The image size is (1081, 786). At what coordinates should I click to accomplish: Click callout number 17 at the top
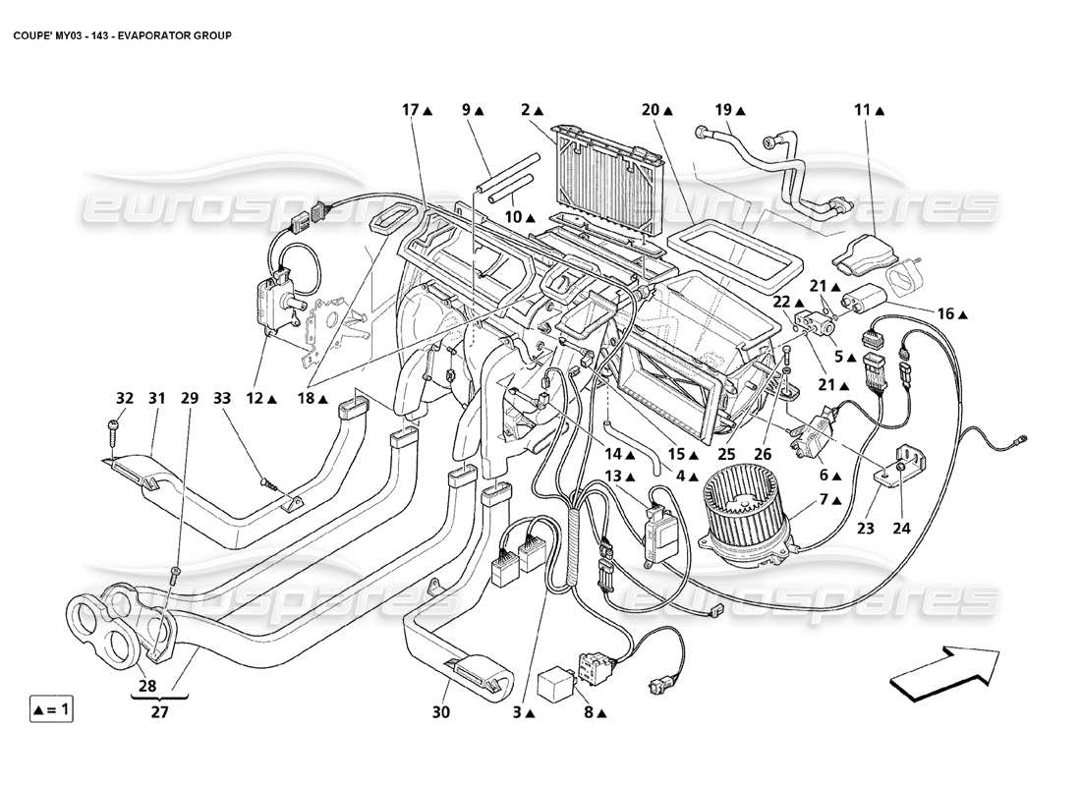click(x=411, y=111)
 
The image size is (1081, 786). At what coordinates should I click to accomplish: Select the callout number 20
click(x=652, y=111)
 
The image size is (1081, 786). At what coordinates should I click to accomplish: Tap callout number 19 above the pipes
click(x=724, y=111)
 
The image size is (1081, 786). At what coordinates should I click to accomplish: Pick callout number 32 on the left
click(x=124, y=398)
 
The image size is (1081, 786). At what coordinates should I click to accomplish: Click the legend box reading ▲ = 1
click(x=50, y=707)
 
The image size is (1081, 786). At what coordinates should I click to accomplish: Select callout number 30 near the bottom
click(x=440, y=712)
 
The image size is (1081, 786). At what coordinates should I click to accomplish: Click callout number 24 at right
click(x=901, y=528)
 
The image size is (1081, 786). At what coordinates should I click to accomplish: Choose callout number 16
click(x=945, y=314)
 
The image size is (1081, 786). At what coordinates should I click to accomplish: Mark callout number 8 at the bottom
click(x=587, y=712)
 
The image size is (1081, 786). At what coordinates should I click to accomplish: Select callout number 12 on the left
click(x=253, y=398)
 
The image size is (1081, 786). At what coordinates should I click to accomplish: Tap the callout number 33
click(x=222, y=398)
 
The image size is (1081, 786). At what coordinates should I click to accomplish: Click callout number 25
click(x=725, y=454)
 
